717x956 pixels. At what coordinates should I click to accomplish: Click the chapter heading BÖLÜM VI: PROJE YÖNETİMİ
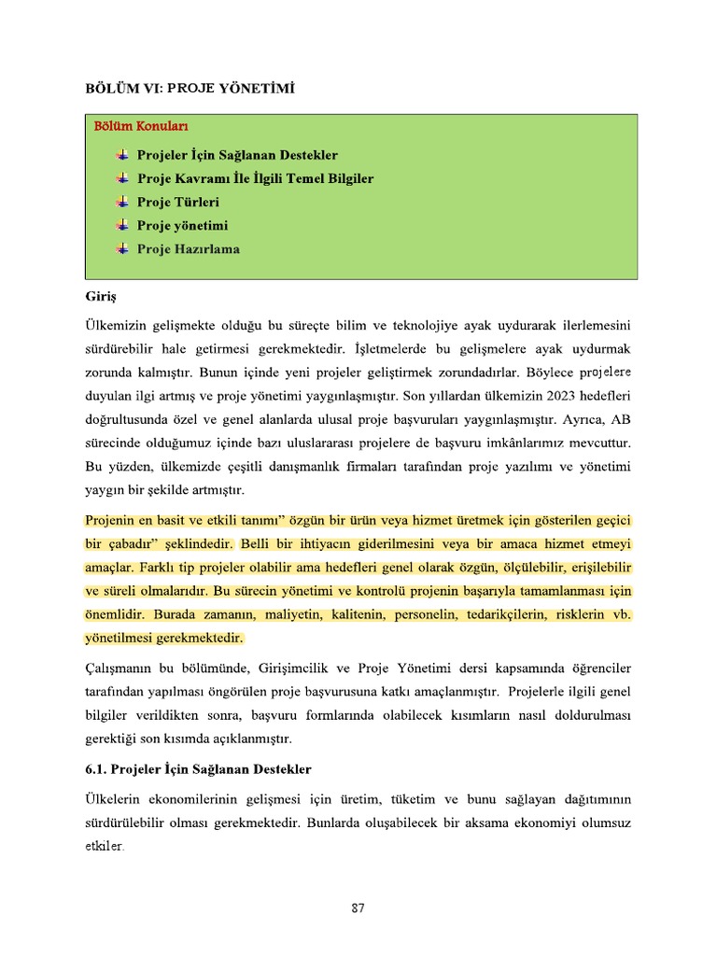point(190,89)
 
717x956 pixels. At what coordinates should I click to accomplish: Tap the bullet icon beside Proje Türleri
point(123,202)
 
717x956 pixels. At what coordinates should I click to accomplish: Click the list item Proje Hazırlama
point(188,249)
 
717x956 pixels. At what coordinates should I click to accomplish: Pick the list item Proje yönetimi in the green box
point(182,226)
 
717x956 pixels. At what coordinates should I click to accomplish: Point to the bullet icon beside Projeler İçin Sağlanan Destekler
point(123,155)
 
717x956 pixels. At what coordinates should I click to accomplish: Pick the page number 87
point(358,908)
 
